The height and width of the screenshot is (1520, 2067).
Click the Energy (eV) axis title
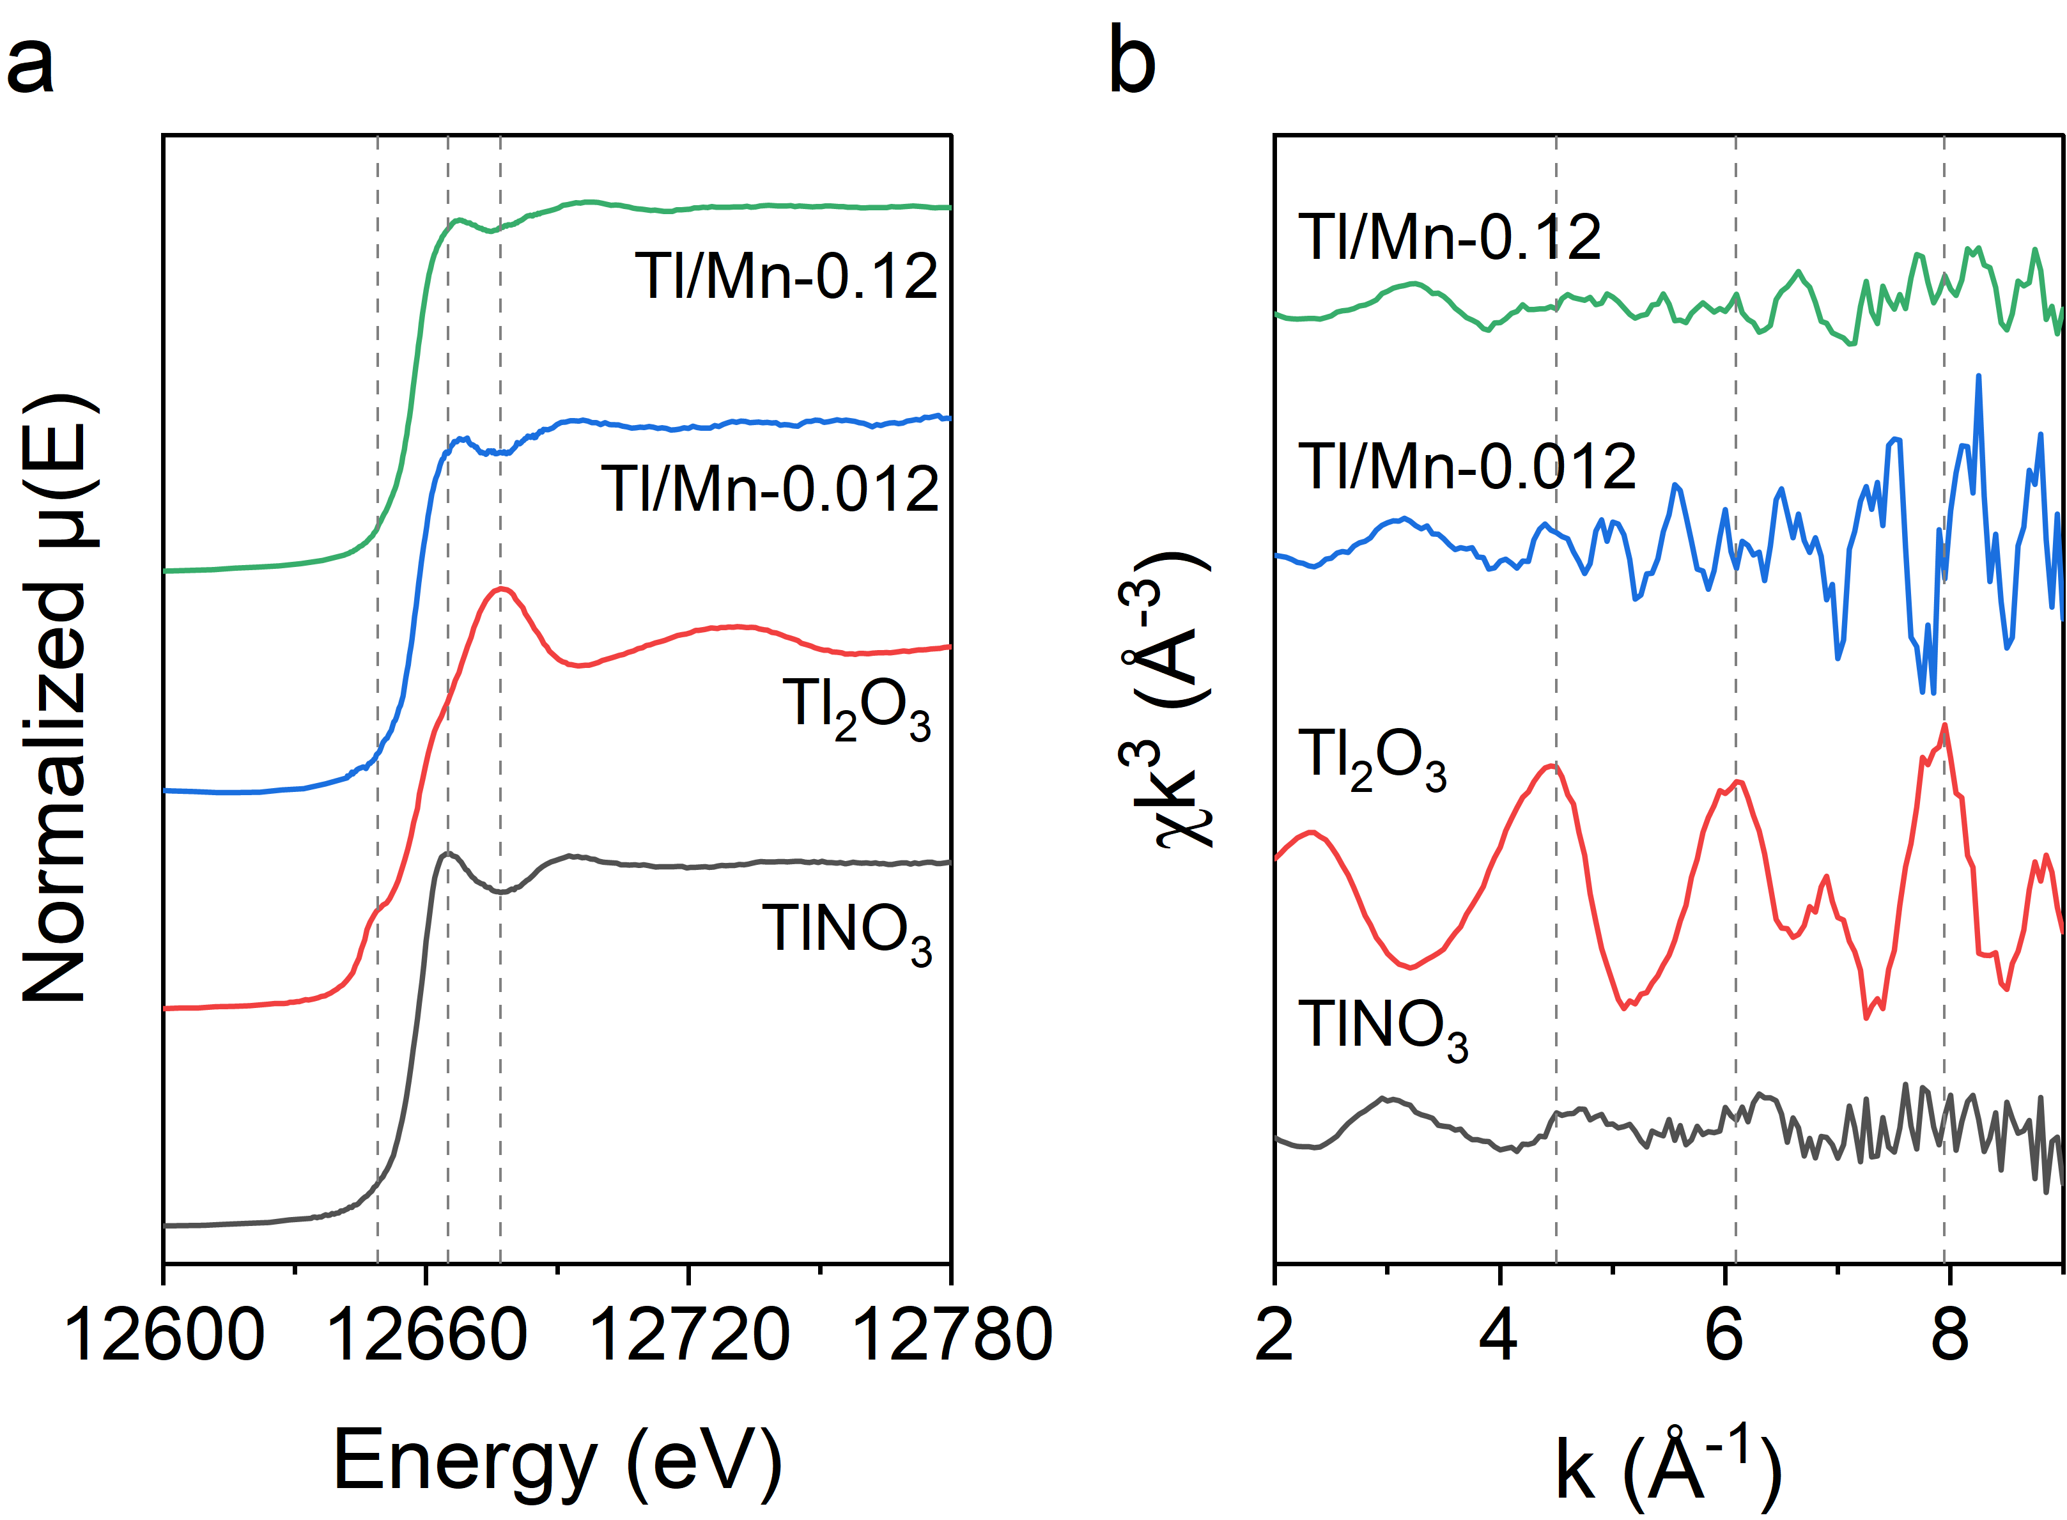tap(557, 1460)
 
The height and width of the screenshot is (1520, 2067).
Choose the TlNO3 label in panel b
tap(1382, 1028)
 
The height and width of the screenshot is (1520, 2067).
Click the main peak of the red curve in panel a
tap(500, 588)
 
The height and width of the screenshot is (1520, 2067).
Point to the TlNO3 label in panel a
tap(846, 931)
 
